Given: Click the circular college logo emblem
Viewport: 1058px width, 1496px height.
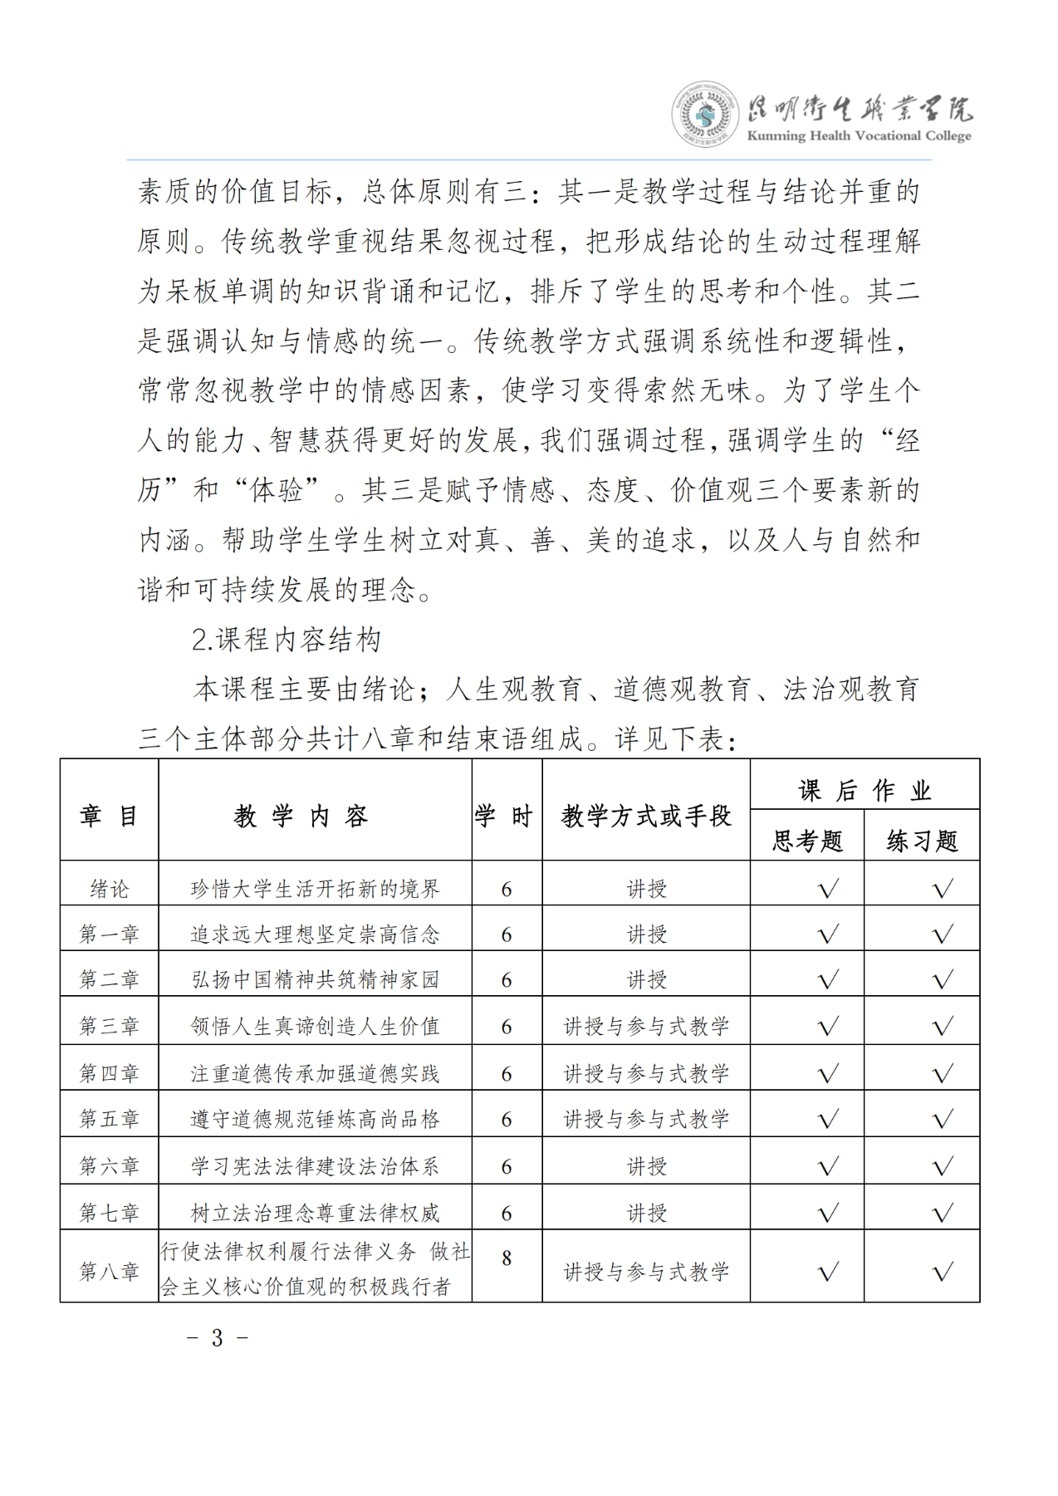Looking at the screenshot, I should pos(705,115).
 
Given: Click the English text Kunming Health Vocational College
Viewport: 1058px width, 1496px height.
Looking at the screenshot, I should pos(859,135).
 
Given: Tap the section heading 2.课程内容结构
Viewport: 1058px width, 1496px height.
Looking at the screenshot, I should pos(286,640).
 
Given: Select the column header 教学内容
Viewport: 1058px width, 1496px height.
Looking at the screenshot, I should pos(301,816).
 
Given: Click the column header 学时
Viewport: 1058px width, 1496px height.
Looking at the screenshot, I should pos(506,816).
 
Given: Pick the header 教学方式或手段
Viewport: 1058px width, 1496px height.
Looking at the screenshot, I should pos(646,816).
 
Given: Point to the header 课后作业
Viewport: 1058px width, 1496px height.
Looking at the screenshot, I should pos(865,790).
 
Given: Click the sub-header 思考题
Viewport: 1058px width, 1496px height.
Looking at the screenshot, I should pos(807,841).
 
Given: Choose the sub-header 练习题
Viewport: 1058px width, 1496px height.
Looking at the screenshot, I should pos(922,841).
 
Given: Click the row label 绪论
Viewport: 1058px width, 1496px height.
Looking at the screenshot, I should pos(110,889).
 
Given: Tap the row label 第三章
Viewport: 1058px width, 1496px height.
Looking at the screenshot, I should pos(110,1026).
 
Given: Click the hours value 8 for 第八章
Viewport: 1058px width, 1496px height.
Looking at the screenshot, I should pos(507,1258).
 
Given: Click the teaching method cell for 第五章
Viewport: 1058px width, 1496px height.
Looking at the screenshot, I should pos(646,1119).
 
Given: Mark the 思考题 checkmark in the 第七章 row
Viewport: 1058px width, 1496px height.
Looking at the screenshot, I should pos(828,1213).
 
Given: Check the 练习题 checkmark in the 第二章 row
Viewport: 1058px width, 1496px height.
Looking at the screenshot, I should pos(943,980).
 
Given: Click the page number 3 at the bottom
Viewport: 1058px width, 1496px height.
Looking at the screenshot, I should pos(218,1337).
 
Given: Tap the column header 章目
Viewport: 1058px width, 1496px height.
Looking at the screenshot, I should pos(110,816).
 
